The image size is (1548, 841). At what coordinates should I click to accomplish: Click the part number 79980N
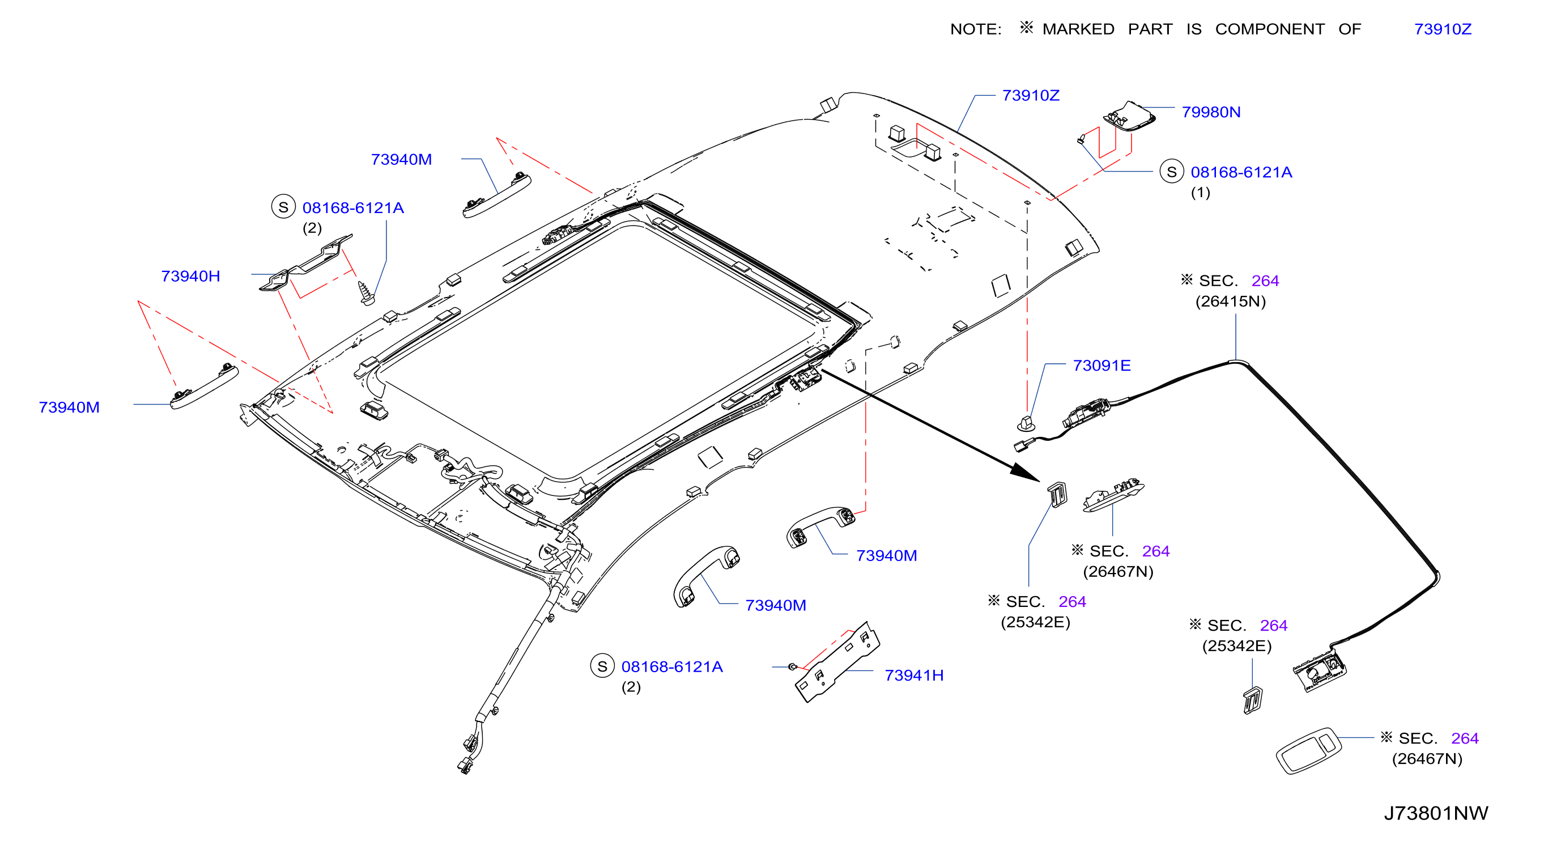[x=1210, y=112]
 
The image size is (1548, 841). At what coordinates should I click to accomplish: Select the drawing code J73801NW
[x=1436, y=813]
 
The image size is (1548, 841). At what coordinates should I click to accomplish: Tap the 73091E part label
[x=1102, y=366]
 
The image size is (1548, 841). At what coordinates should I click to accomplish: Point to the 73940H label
[x=190, y=276]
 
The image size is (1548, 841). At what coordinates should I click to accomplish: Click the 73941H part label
[x=913, y=675]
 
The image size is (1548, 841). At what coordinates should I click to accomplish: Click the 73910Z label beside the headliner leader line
[x=1031, y=96]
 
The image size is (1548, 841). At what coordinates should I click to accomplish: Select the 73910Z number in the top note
[x=1442, y=29]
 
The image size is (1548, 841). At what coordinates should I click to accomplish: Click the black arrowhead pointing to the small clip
[x=1024, y=472]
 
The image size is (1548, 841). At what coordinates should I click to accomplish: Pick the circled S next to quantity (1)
[x=1171, y=172]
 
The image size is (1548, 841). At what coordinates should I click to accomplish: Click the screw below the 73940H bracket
[x=365, y=293]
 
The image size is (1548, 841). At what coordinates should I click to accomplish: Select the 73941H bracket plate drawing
[x=837, y=662]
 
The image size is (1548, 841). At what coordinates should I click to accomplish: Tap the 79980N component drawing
[x=1129, y=116]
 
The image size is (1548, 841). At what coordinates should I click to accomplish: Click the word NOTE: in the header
[x=975, y=29]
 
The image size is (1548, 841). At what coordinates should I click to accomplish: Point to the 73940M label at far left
[x=69, y=407]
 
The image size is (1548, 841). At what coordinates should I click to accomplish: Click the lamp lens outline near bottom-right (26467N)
[x=1308, y=751]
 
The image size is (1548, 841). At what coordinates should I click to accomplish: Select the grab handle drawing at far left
[x=204, y=386]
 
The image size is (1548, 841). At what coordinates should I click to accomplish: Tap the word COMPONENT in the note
[x=1269, y=29]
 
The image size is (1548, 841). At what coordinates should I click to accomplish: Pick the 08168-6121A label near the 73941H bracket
[x=671, y=666]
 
